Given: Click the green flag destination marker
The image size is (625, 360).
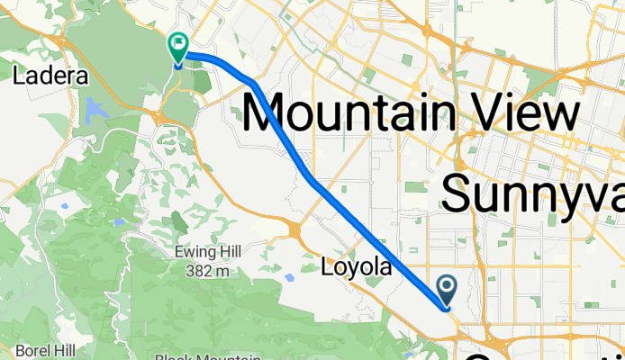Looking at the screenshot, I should point(177,47).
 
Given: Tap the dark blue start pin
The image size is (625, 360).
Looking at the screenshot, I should point(448,291).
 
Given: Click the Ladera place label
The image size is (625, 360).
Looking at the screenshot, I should point(50,76).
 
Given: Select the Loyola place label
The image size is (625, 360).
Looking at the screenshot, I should point(358,267).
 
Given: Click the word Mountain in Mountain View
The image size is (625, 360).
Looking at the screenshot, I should point(348,114).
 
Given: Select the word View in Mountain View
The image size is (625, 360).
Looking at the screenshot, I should point(521,114).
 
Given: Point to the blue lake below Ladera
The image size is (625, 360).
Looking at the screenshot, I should point(95,111).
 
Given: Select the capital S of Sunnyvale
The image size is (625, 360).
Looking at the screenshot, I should point(458,192).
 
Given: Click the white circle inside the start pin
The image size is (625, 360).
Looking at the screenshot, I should point(448,287).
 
